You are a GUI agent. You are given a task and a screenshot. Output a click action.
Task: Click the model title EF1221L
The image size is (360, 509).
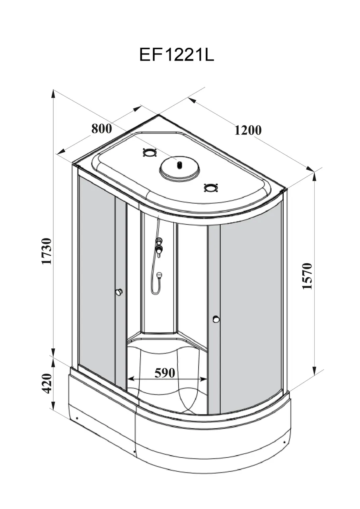pos(177,55)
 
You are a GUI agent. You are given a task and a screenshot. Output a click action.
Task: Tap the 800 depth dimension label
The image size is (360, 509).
pos(102,128)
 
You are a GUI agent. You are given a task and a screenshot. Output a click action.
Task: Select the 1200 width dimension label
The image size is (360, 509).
pos(248,130)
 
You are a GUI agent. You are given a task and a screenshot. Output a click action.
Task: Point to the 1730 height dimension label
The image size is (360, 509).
pos(47,251)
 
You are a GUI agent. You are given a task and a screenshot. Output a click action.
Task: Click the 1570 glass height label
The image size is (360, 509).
pos(307,276)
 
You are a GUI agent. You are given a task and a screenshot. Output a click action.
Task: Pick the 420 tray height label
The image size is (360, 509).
pos(47,383)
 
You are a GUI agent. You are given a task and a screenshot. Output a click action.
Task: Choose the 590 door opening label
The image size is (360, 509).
pos(165,373)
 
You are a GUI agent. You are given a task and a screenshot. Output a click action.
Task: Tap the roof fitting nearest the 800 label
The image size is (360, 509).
pos(149,152)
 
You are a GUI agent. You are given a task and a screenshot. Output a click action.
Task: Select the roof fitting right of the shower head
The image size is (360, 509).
pos(210,187)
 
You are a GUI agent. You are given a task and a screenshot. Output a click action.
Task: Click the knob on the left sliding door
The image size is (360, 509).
pos(119,292)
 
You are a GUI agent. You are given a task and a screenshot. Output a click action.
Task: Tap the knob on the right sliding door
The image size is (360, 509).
pos(216,319)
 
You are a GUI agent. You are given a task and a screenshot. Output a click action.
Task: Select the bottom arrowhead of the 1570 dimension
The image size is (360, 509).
pos(314,371)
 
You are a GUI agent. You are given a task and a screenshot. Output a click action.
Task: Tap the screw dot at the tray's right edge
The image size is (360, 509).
pos(284,442)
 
